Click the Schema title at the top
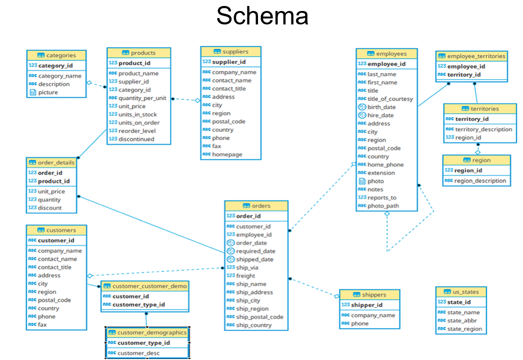click(x=262, y=16)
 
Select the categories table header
click(x=56, y=55)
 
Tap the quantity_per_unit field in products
click(x=142, y=98)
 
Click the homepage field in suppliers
click(x=227, y=155)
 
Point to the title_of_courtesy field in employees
click(x=390, y=99)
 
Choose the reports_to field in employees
click(x=382, y=197)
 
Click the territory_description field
click(x=483, y=129)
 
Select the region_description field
click(x=480, y=180)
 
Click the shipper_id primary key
click(x=366, y=305)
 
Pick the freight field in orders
click(x=246, y=276)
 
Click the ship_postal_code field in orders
click(x=260, y=317)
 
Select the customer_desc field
click(x=139, y=353)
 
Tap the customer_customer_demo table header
click(x=145, y=286)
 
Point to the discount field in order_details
click(x=50, y=208)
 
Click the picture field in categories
click(x=48, y=92)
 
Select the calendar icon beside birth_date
click(x=362, y=107)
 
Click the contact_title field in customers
click(x=54, y=267)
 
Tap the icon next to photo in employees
click(x=362, y=181)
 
